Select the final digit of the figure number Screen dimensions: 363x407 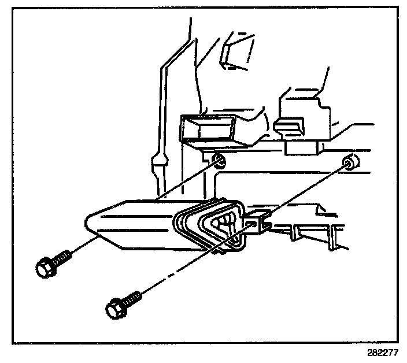tap(396, 352)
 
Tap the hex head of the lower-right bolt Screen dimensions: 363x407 tap(116, 308)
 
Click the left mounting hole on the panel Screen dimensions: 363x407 tap(218, 160)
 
